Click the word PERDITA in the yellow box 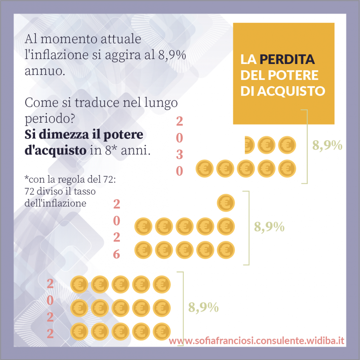(287, 59)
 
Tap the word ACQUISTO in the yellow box (291, 91)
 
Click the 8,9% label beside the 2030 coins (327, 145)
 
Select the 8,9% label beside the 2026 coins (269, 227)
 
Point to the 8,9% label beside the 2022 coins (203, 307)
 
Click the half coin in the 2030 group (249, 145)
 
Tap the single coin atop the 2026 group (226, 202)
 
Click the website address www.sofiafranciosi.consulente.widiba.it (256, 341)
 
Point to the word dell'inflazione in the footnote (55, 203)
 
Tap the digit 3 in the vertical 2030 (179, 155)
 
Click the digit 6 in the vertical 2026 (117, 254)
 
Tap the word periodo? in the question (49, 120)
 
